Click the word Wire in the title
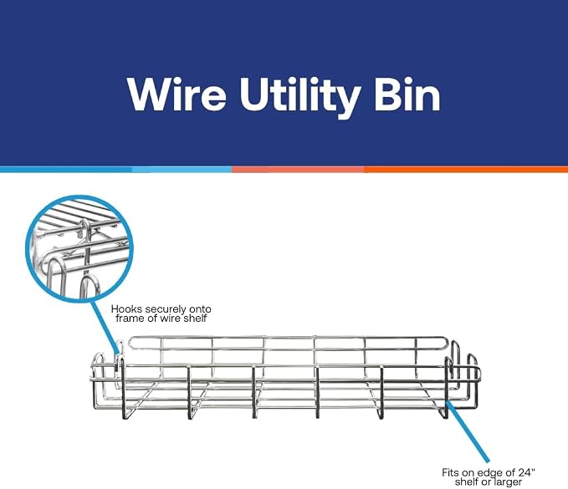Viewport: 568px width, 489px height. click(177, 94)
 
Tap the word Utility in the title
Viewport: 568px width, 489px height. click(299, 97)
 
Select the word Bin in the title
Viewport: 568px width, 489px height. click(407, 94)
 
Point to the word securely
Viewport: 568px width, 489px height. click(166, 310)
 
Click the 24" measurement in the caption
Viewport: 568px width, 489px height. click(526, 472)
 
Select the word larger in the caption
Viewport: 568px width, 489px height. click(508, 482)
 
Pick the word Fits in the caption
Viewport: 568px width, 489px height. click(451, 473)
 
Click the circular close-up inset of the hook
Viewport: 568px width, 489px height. click(79, 248)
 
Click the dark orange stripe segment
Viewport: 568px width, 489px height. click(466, 170)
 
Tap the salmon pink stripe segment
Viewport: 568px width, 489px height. click(298, 170)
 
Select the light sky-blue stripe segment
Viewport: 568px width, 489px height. click(182, 170)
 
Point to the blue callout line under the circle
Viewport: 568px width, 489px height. click(105, 326)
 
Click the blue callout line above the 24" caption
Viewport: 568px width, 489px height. click(468, 431)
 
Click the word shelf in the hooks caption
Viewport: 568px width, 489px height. click(195, 318)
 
